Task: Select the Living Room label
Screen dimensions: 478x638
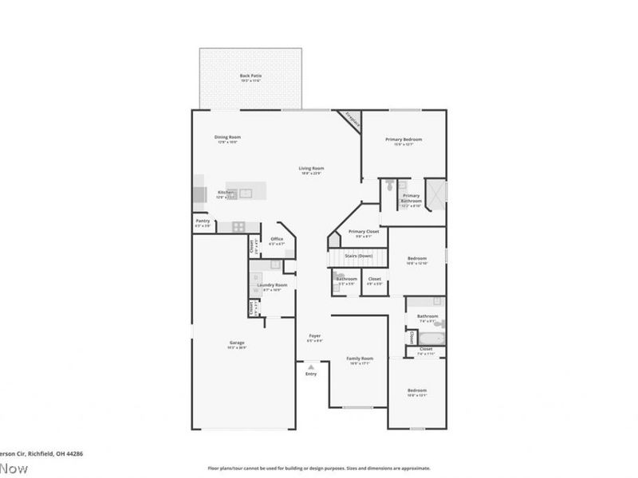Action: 311,170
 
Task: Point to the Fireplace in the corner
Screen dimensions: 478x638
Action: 352,119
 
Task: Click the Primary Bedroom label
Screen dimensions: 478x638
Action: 404,141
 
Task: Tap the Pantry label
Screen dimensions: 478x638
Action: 203,223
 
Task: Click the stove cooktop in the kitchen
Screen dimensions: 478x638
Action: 239,227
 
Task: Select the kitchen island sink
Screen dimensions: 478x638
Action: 246,193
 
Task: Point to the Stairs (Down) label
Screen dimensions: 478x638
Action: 359,256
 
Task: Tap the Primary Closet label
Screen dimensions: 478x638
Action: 363,233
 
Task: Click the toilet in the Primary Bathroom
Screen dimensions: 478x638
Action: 388,186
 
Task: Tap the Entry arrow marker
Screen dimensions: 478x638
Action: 311,366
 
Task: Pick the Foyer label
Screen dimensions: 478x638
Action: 315,338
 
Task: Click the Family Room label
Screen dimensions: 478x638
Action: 359,360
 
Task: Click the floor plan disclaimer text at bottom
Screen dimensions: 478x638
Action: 319,468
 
